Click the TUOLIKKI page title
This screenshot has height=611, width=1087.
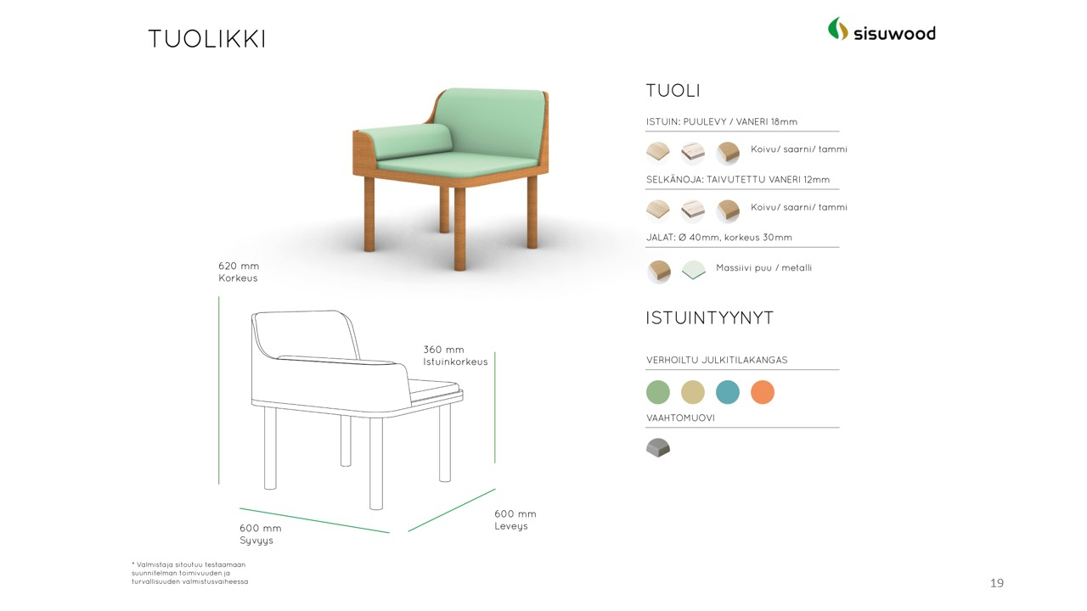coord(206,39)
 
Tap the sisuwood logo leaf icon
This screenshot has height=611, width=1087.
coord(838,29)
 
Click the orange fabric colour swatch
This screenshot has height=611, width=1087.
coord(763,392)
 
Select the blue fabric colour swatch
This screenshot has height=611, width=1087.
coord(728,392)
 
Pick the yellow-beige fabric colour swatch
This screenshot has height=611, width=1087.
coord(692,392)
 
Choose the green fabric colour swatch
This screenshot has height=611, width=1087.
coord(657,392)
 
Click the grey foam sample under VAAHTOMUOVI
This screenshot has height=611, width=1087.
coord(658,447)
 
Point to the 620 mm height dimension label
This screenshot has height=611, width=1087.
coord(239,272)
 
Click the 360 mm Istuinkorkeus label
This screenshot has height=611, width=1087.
coord(455,356)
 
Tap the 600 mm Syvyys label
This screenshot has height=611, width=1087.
coord(260,534)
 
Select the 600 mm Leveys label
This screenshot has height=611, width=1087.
coord(515,520)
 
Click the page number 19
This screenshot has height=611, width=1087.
coord(997,583)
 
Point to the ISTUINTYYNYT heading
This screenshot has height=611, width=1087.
coord(709,318)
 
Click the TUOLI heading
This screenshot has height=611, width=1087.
coord(673,91)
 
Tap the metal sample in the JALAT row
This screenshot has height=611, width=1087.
coord(694,270)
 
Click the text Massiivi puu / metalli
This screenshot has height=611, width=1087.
coord(763,267)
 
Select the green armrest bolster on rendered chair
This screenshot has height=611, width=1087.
coord(405,141)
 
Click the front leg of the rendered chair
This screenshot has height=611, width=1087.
coord(459,228)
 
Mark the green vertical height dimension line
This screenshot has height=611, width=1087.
coord(219,390)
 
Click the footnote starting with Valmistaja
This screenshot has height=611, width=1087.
coord(189,573)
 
